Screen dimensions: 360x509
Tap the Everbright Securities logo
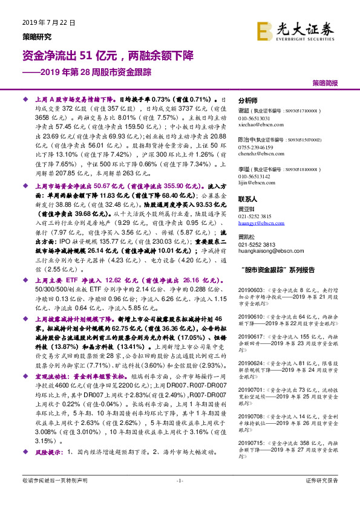(x=295, y=31)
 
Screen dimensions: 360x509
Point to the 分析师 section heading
(x=248, y=100)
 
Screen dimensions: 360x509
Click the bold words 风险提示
(x=49, y=452)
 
